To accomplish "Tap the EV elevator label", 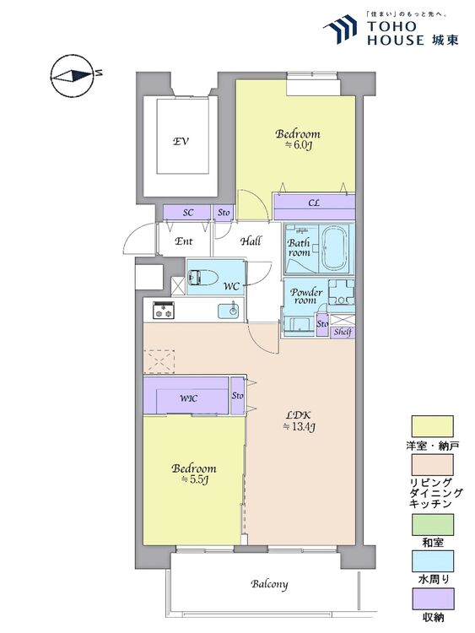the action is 181,142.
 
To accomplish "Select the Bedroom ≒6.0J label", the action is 298,139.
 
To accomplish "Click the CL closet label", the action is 314,203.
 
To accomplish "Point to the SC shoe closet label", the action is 188,213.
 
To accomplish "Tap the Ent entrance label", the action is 184,241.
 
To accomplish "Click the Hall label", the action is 251,241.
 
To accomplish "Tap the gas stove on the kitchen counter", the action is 163,310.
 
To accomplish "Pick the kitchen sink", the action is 229,311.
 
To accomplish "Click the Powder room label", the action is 306,296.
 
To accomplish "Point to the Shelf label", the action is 343,333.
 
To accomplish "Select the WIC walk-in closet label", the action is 188,398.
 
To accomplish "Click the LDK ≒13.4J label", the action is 298,420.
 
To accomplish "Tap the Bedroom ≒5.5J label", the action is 194,473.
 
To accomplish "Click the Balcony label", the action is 269,584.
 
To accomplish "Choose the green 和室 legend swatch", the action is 432,524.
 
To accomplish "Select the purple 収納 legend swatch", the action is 432,598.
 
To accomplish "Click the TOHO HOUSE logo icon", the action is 340,28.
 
